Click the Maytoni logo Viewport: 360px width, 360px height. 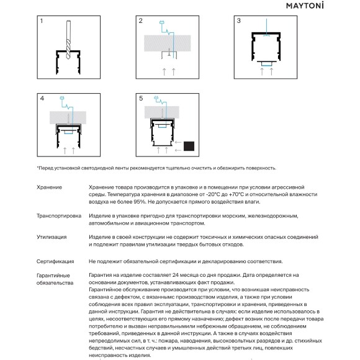(305, 6)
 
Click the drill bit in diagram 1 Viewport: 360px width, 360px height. (68, 40)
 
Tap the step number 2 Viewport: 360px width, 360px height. (140, 21)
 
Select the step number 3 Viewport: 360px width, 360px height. (239, 21)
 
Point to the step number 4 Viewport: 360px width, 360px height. (42, 99)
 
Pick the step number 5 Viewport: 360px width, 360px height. (141, 99)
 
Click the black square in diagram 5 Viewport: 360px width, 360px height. (189, 146)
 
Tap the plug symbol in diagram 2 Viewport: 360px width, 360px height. (161, 22)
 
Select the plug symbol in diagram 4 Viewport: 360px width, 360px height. (62, 98)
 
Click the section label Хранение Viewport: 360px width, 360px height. (50, 187)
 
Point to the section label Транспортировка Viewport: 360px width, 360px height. (59, 216)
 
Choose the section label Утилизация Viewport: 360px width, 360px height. (52, 237)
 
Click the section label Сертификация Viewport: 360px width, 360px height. (55, 261)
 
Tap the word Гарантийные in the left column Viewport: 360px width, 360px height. (53, 276)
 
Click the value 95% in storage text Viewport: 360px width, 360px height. (140, 202)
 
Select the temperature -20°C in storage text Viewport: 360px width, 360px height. (214, 194)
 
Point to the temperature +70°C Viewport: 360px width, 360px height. (236, 194)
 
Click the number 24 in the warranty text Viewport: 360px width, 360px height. (176, 275)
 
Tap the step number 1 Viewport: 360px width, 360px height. (42, 21)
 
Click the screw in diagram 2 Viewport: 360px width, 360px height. (169, 52)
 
